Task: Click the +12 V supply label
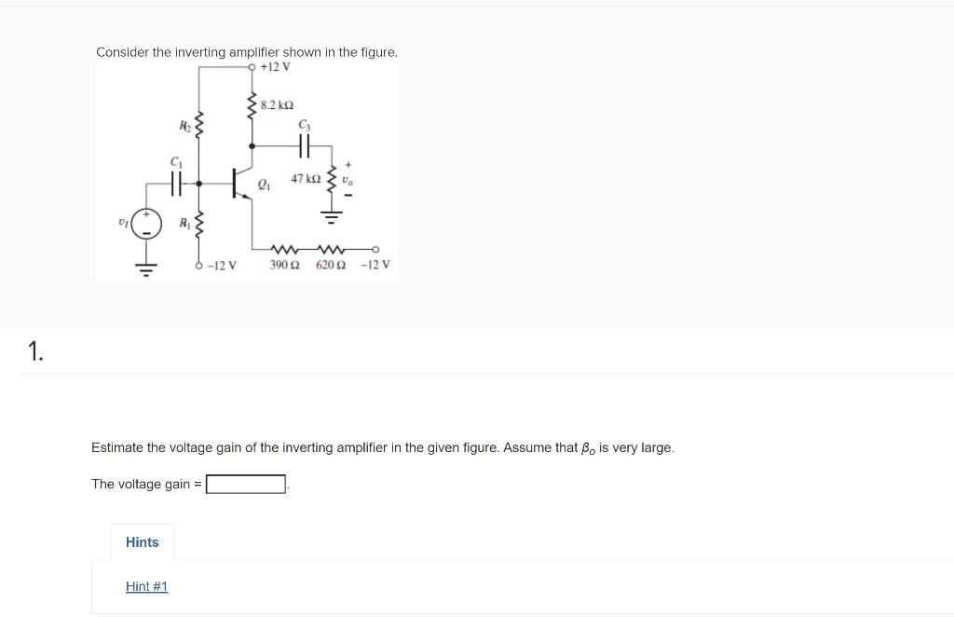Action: [276, 67]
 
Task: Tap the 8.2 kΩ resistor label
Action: [277, 106]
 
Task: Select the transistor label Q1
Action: [263, 184]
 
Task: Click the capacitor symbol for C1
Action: [176, 185]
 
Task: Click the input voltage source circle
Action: [146, 224]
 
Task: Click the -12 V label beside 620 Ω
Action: [375, 265]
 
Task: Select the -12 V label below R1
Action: [221, 265]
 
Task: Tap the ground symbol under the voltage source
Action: [146, 267]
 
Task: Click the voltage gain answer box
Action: [246, 484]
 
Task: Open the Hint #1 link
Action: [146, 586]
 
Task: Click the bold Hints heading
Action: [143, 542]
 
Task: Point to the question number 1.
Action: [34, 350]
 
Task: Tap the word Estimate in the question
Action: [116, 447]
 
